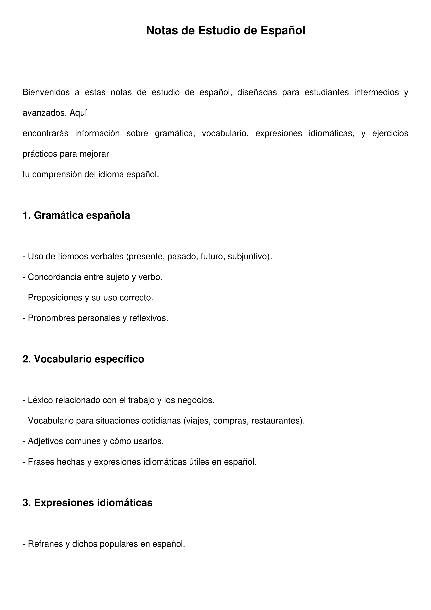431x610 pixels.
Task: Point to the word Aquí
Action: click(x=78, y=113)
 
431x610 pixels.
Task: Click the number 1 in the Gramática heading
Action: click(x=25, y=215)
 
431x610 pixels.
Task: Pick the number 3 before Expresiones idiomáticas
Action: click(x=25, y=503)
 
